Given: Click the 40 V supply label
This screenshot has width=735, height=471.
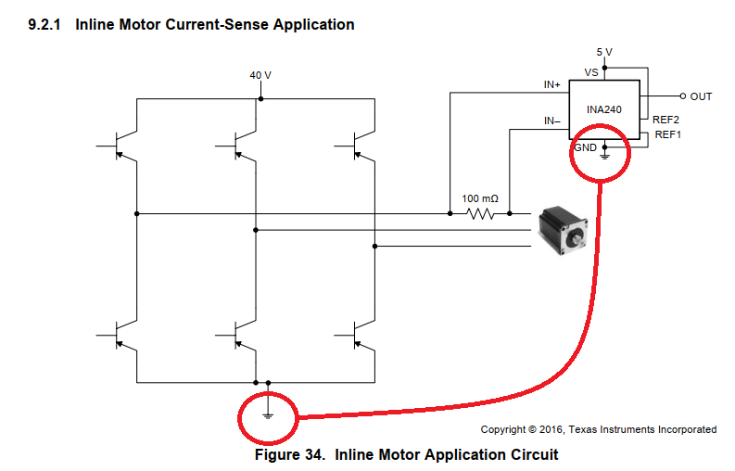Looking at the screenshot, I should click(260, 75).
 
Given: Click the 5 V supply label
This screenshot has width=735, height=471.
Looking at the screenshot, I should click(604, 52).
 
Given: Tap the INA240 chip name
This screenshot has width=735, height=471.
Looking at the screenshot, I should click(604, 108).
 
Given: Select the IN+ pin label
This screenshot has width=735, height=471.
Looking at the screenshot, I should click(552, 85).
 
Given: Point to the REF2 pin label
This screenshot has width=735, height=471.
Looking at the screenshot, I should click(665, 121).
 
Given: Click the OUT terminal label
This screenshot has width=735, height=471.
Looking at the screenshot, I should click(701, 96).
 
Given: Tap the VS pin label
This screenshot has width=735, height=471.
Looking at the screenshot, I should click(590, 72).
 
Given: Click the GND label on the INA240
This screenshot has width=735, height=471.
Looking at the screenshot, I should click(586, 147).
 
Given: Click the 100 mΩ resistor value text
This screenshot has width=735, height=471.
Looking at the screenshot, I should click(480, 198).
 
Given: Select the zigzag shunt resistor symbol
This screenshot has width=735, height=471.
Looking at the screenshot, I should click(480, 214).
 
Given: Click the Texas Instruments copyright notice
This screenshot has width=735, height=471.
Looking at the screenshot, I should click(598, 429).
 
